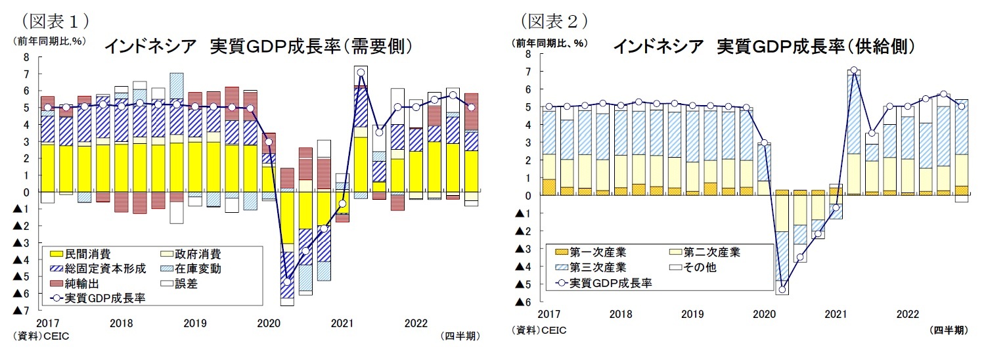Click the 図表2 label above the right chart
553,20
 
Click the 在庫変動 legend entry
197,268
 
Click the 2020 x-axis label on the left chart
269,323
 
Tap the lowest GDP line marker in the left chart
287,282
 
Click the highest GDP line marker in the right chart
853,70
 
